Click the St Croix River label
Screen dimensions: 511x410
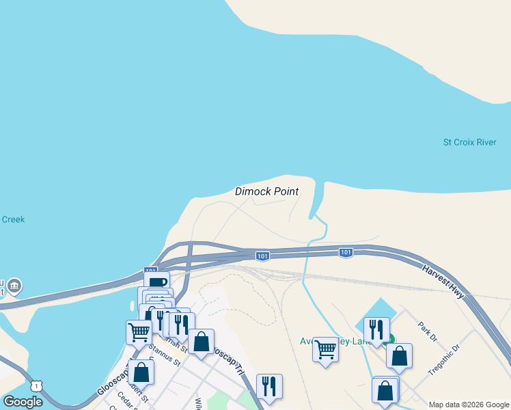(469, 143)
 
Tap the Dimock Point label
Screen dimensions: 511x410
(266, 191)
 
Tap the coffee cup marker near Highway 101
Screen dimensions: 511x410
(156, 282)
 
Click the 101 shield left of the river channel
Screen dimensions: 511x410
(263, 256)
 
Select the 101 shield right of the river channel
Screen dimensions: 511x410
(346, 253)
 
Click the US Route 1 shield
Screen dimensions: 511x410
(36, 387)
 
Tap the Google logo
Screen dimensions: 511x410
(23, 401)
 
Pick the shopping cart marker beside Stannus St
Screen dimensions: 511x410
(139, 332)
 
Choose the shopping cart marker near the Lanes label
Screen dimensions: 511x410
(325, 350)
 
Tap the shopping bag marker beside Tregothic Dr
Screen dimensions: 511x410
(399, 355)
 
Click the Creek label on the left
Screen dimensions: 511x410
(13, 219)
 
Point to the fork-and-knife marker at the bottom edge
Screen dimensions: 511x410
(269, 386)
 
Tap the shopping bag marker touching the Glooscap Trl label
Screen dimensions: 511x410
(201, 342)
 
